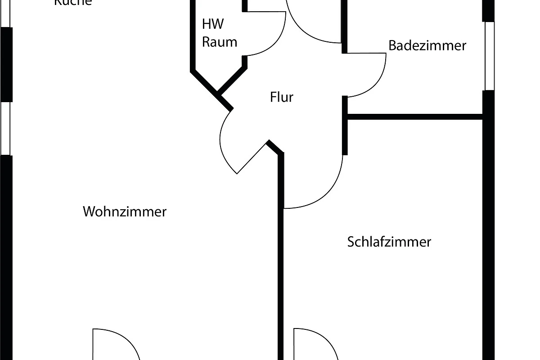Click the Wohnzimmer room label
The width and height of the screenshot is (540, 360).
click(x=125, y=211)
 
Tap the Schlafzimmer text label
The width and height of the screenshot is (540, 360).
click(x=389, y=242)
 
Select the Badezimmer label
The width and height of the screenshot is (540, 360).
click(x=427, y=45)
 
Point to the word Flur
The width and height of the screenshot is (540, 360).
click(x=282, y=97)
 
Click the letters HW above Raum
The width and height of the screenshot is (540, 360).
click(x=213, y=24)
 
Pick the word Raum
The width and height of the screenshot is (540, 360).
click(x=219, y=42)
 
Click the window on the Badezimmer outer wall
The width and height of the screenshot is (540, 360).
click(x=489, y=56)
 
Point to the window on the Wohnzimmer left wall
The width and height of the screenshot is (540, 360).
click(x=6, y=128)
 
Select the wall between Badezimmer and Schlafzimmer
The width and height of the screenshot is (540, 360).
click(x=414, y=117)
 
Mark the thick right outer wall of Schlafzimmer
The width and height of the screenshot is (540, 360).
click(x=489, y=234)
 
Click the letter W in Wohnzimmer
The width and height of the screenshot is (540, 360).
click(x=88, y=211)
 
